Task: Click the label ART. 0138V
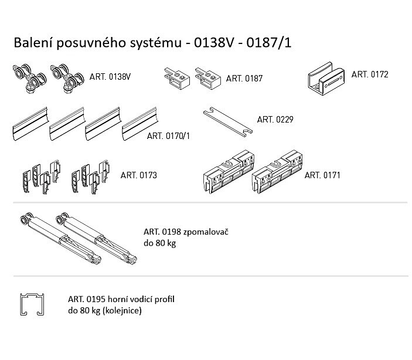coord(110,77)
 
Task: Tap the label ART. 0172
coord(369,74)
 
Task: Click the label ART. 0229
coord(275,119)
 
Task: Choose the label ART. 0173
coord(138,175)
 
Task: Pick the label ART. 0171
coord(323,175)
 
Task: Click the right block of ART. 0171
coord(277,174)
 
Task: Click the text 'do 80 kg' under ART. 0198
coord(159,243)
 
